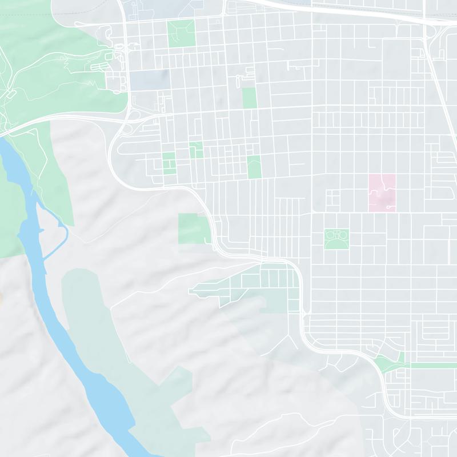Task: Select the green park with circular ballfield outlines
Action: [x=337, y=239]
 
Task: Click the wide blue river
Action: [x=86, y=371]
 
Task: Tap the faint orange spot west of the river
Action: [x=1, y=297]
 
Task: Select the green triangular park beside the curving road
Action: [x=387, y=362]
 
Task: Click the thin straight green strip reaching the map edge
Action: [x=434, y=365]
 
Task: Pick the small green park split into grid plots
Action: [x=169, y=162]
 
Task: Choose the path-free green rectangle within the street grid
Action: [x=249, y=98]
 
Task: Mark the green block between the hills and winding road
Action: [x=194, y=228]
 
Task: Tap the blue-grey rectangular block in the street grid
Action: [x=150, y=79]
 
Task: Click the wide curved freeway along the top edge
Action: [x=343, y=11]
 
